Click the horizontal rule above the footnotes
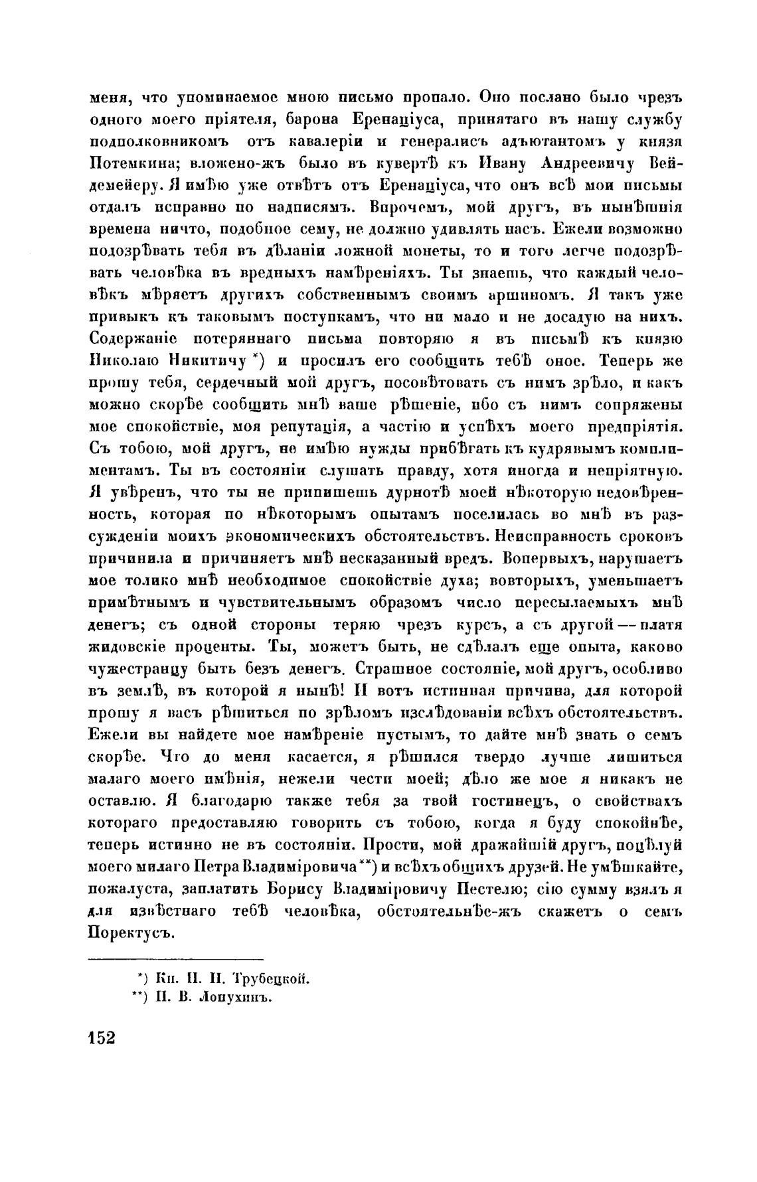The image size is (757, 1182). [x=176, y=958]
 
